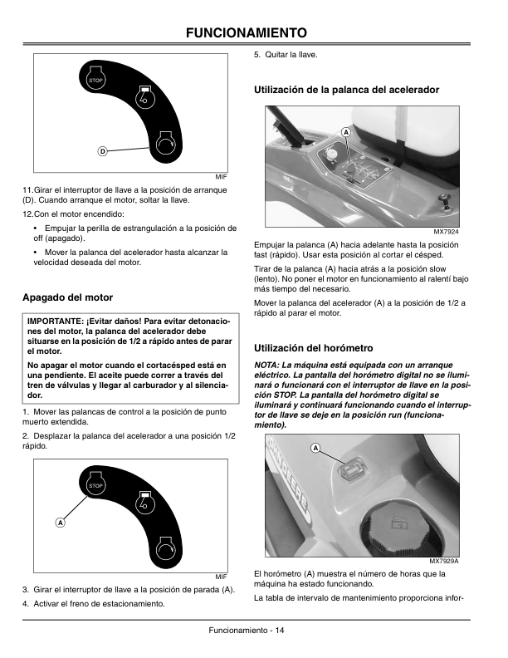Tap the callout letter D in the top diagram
pyautogui.click(x=102, y=150)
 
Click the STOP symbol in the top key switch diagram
pyautogui.click(x=95, y=80)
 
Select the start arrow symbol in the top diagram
pyautogui.click(x=165, y=142)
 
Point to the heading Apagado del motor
pyautogui.click(x=68, y=297)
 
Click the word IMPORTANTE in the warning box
pyautogui.click(x=55, y=321)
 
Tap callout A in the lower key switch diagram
pyautogui.click(x=60, y=523)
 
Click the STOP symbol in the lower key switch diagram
pyautogui.click(x=95, y=484)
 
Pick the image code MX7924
pyautogui.click(x=446, y=232)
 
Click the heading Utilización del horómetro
pyautogui.click(x=314, y=347)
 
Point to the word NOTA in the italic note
pyautogui.click(x=267, y=365)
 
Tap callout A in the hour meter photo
pyautogui.click(x=315, y=449)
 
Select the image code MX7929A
pyautogui.click(x=444, y=561)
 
